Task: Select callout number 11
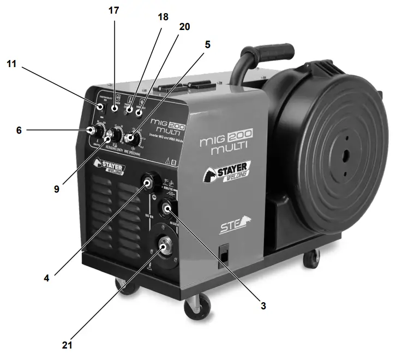[12, 64]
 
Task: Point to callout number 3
[263, 306]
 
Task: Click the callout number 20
[184, 26]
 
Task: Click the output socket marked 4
[148, 182]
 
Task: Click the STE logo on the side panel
[228, 225]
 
